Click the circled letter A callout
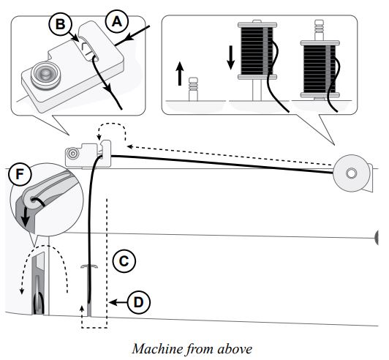[117, 22]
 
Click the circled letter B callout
[60, 24]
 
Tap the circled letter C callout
[124, 261]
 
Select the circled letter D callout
[138, 302]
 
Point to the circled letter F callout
[20, 174]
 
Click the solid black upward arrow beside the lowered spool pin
[180, 74]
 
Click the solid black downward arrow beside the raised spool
[231, 58]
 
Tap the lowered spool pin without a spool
[193, 89]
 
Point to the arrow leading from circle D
[118, 302]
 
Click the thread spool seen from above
[352, 173]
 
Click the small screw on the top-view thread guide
[72, 154]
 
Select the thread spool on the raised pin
[257, 50]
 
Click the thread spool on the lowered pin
[320, 69]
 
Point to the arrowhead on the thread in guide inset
[107, 87]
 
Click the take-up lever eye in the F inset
[32, 199]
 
